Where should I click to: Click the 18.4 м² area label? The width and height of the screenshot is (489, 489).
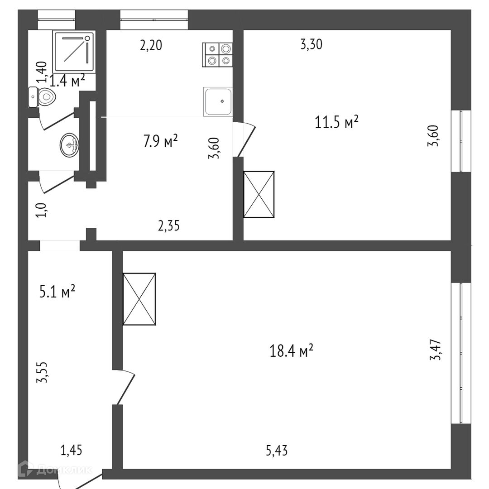292,351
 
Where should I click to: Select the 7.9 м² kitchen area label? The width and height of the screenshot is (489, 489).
160,141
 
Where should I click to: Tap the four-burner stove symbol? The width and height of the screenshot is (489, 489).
219,54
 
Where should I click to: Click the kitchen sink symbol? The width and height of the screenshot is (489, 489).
218,101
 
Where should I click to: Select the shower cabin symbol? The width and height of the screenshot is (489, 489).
74,51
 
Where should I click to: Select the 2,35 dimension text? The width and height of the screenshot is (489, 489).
169,225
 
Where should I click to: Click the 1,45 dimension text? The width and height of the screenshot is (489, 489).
71,450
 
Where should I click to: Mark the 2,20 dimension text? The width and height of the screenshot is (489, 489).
151,45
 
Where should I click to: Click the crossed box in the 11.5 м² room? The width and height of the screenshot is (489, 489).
259,194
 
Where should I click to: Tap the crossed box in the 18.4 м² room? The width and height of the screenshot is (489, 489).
139,299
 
